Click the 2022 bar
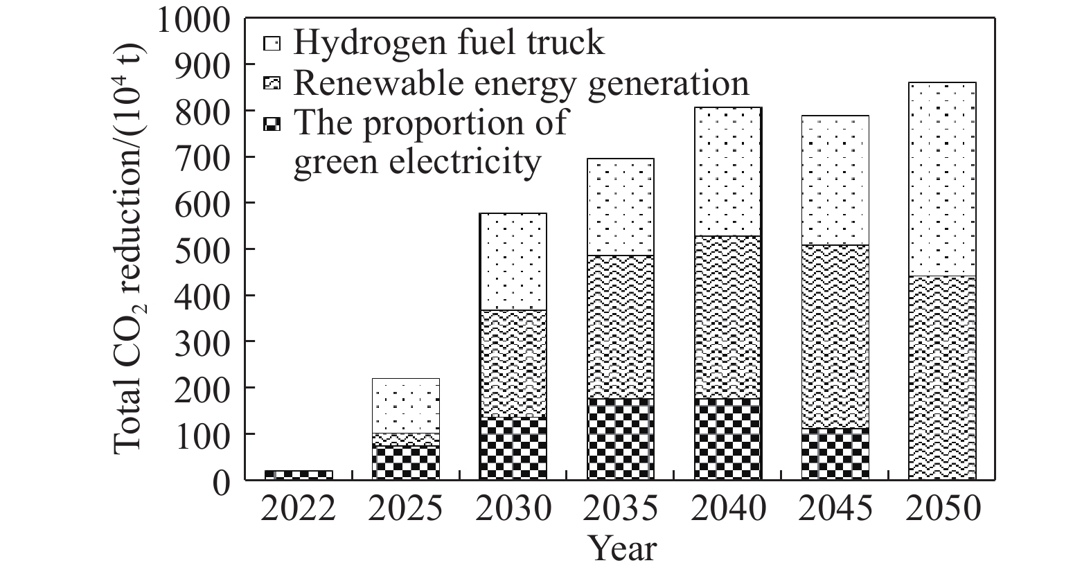pyautogui.click(x=299, y=475)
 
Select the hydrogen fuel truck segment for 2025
pyautogui.click(x=406, y=406)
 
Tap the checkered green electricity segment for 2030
pyautogui.click(x=513, y=448)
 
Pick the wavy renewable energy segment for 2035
pyautogui.click(x=621, y=327)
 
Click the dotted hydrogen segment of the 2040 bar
pyautogui.click(x=728, y=172)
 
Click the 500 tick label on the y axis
pyautogui.click(x=205, y=249)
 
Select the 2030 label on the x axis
pyautogui.click(x=513, y=510)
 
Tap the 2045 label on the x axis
pyautogui.click(x=835, y=510)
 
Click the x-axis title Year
pyautogui.click(x=621, y=548)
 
